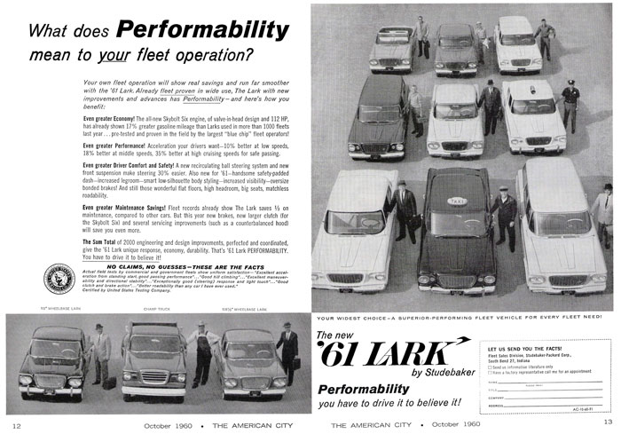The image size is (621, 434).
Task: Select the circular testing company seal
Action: pos(60,283)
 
